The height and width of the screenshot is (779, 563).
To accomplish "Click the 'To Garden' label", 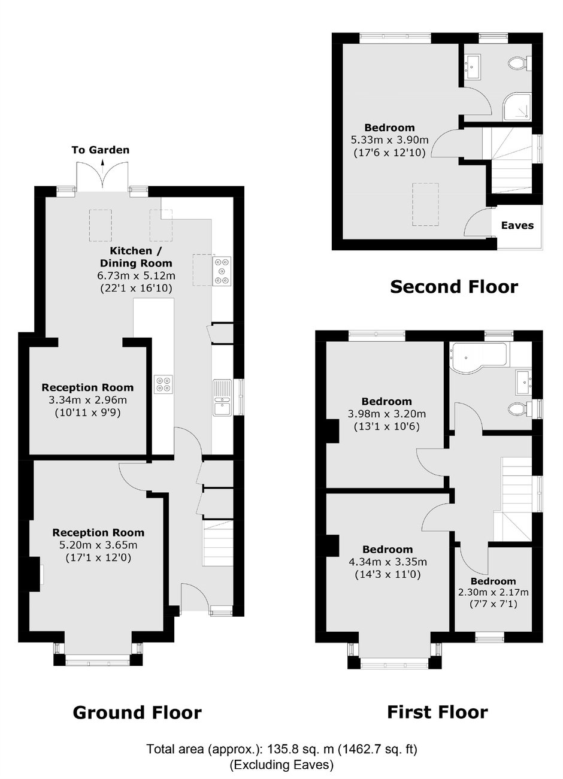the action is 101,150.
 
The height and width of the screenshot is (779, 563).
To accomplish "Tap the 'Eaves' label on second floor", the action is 517,225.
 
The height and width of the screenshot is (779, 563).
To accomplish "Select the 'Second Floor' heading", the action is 454,287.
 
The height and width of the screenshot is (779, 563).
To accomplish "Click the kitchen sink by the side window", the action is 223,398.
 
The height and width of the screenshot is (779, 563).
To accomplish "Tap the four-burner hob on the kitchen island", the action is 164,384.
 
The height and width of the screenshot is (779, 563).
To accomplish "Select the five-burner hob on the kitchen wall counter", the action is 222,271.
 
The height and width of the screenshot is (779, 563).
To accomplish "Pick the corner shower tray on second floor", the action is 517,107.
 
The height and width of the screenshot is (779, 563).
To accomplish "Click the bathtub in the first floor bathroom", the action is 480,357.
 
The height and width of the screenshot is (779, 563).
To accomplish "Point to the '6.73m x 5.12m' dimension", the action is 136,276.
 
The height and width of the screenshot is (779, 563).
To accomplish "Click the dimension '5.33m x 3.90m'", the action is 389,140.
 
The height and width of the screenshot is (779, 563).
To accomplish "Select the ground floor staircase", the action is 218,543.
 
